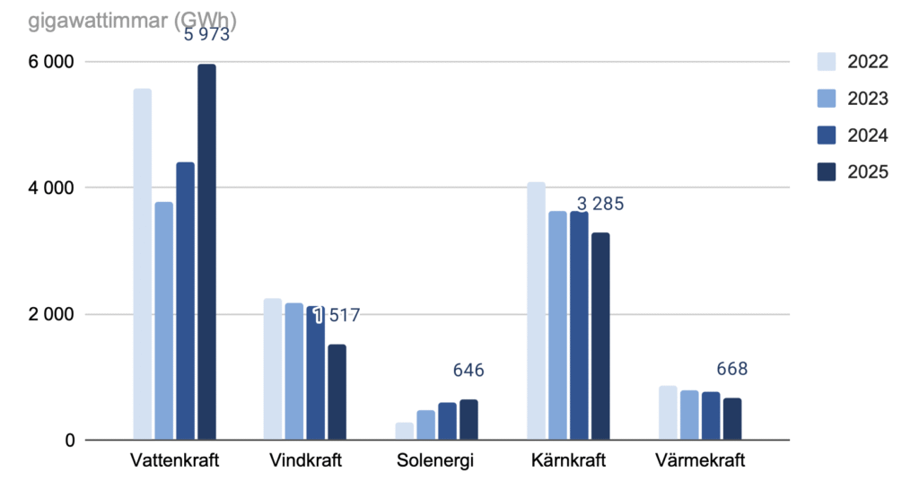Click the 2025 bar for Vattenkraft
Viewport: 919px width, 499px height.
point(206,252)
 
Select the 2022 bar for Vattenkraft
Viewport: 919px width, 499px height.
point(142,265)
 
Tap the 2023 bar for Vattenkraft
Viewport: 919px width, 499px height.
point(163,321)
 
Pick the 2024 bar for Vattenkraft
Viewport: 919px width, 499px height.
point(185,302)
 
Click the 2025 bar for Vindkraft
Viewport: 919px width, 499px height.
point(337,392)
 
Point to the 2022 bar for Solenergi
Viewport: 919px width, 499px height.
point(404,432)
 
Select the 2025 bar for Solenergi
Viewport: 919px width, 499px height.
point(468,420)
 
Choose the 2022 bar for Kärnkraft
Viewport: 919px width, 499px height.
point(536,311)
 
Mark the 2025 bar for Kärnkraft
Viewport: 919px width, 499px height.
point(600,337)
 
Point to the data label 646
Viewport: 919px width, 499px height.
point(468,371)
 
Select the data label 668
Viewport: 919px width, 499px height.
point(732,369)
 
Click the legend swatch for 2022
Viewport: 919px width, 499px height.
point(826,62)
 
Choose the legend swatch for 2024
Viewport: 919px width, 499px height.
point(826,136)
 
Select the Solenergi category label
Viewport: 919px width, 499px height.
point(435,462)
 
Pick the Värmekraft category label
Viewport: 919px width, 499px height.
point(700,462)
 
